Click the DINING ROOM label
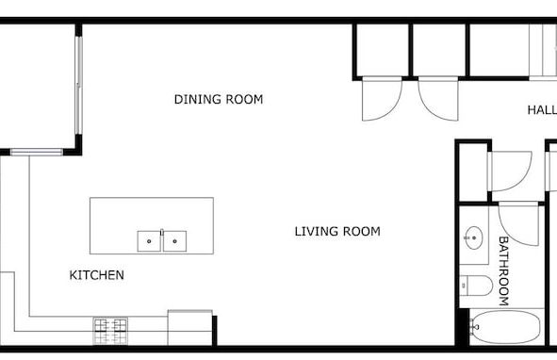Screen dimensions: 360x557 click(x=219, y=99)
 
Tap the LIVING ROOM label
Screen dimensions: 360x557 click(x=336, y=231)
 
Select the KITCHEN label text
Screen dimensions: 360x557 click(x=97, y=276)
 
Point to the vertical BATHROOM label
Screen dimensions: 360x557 click(x=503, y=270)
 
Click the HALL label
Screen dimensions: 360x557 click(x=542, y=111)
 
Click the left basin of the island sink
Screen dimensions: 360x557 click(x=149, y=241)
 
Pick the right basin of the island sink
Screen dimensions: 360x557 click(x=174, y=241)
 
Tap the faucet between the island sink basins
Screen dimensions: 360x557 click(x=162, y=232)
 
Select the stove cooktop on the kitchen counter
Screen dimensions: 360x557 click(x=109, y=330)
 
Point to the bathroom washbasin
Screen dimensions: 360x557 click(x=473, y=238)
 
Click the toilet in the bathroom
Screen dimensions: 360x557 click(x=475, y=285)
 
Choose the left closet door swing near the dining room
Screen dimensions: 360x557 click(x=381, y=99)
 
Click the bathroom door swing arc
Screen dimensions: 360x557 click(x=519, y=224)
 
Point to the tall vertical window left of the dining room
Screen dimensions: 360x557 click(x=79, y=87)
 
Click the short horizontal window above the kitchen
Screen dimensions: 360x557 click(x=37, y=152)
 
